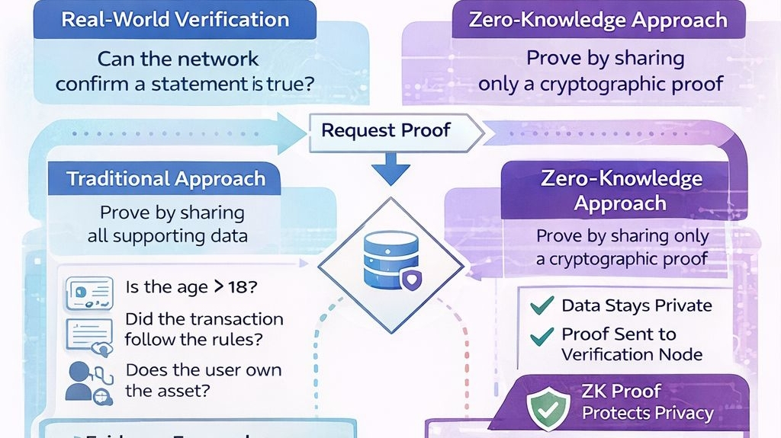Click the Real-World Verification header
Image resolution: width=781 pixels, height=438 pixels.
click(175, 20)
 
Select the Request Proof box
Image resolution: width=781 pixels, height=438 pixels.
click(386, 130)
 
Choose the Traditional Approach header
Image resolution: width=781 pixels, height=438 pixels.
click(166, 179)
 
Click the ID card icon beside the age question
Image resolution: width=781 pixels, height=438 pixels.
click(89, 293)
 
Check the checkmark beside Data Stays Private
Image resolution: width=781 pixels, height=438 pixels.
click(542, 305)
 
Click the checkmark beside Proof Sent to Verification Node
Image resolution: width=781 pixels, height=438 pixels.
click(542, 335)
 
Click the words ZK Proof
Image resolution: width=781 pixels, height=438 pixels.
click(622, 392)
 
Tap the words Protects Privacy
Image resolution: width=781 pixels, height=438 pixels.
click(647, 414)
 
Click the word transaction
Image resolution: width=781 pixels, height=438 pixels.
click(236, 319)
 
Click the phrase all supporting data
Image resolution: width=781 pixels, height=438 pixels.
click(167, 235)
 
